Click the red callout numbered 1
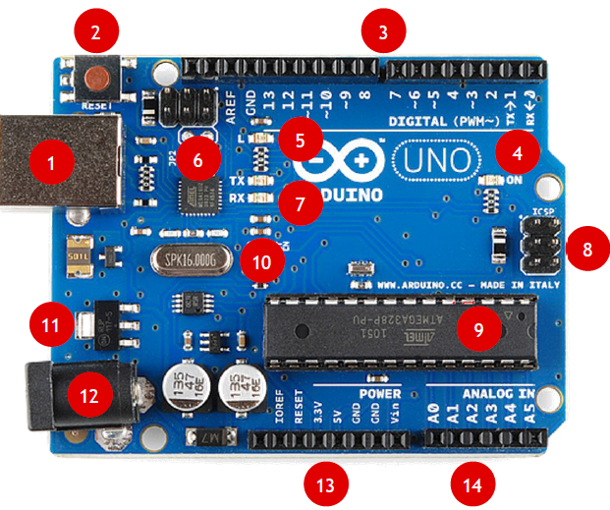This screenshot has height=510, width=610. (x=52, y=162)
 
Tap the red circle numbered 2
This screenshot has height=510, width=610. (x=95, y=32)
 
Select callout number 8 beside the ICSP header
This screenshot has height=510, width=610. (x=587, y=249)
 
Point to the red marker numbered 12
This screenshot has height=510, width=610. (x=89, y=396)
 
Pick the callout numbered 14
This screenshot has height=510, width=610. (x=473, y=483)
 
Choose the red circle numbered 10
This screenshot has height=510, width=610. (x=261, y=261)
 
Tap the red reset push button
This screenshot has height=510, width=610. (x=96, y=76)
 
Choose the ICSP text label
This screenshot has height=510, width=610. (x=543, y=211)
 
